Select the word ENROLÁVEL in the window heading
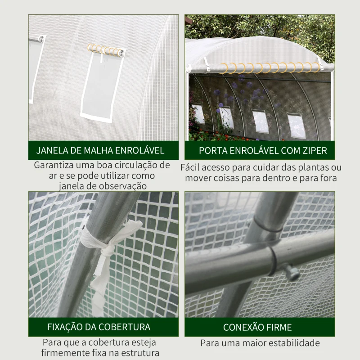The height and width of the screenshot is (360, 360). point(139,150)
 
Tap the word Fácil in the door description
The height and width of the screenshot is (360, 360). point(190,167)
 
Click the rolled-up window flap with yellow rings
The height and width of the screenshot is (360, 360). point(106,50)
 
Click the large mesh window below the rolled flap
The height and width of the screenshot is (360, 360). point(101,86)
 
